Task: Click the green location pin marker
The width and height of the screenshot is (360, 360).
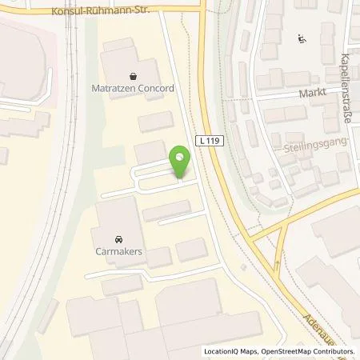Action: click(181, 158)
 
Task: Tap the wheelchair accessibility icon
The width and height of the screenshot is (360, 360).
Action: click(302, 38)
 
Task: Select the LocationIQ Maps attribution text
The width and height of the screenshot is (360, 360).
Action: click(230, 352)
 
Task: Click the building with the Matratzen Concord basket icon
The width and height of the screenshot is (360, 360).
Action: click(120, 60)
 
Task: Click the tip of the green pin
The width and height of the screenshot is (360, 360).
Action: click(181, 177)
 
